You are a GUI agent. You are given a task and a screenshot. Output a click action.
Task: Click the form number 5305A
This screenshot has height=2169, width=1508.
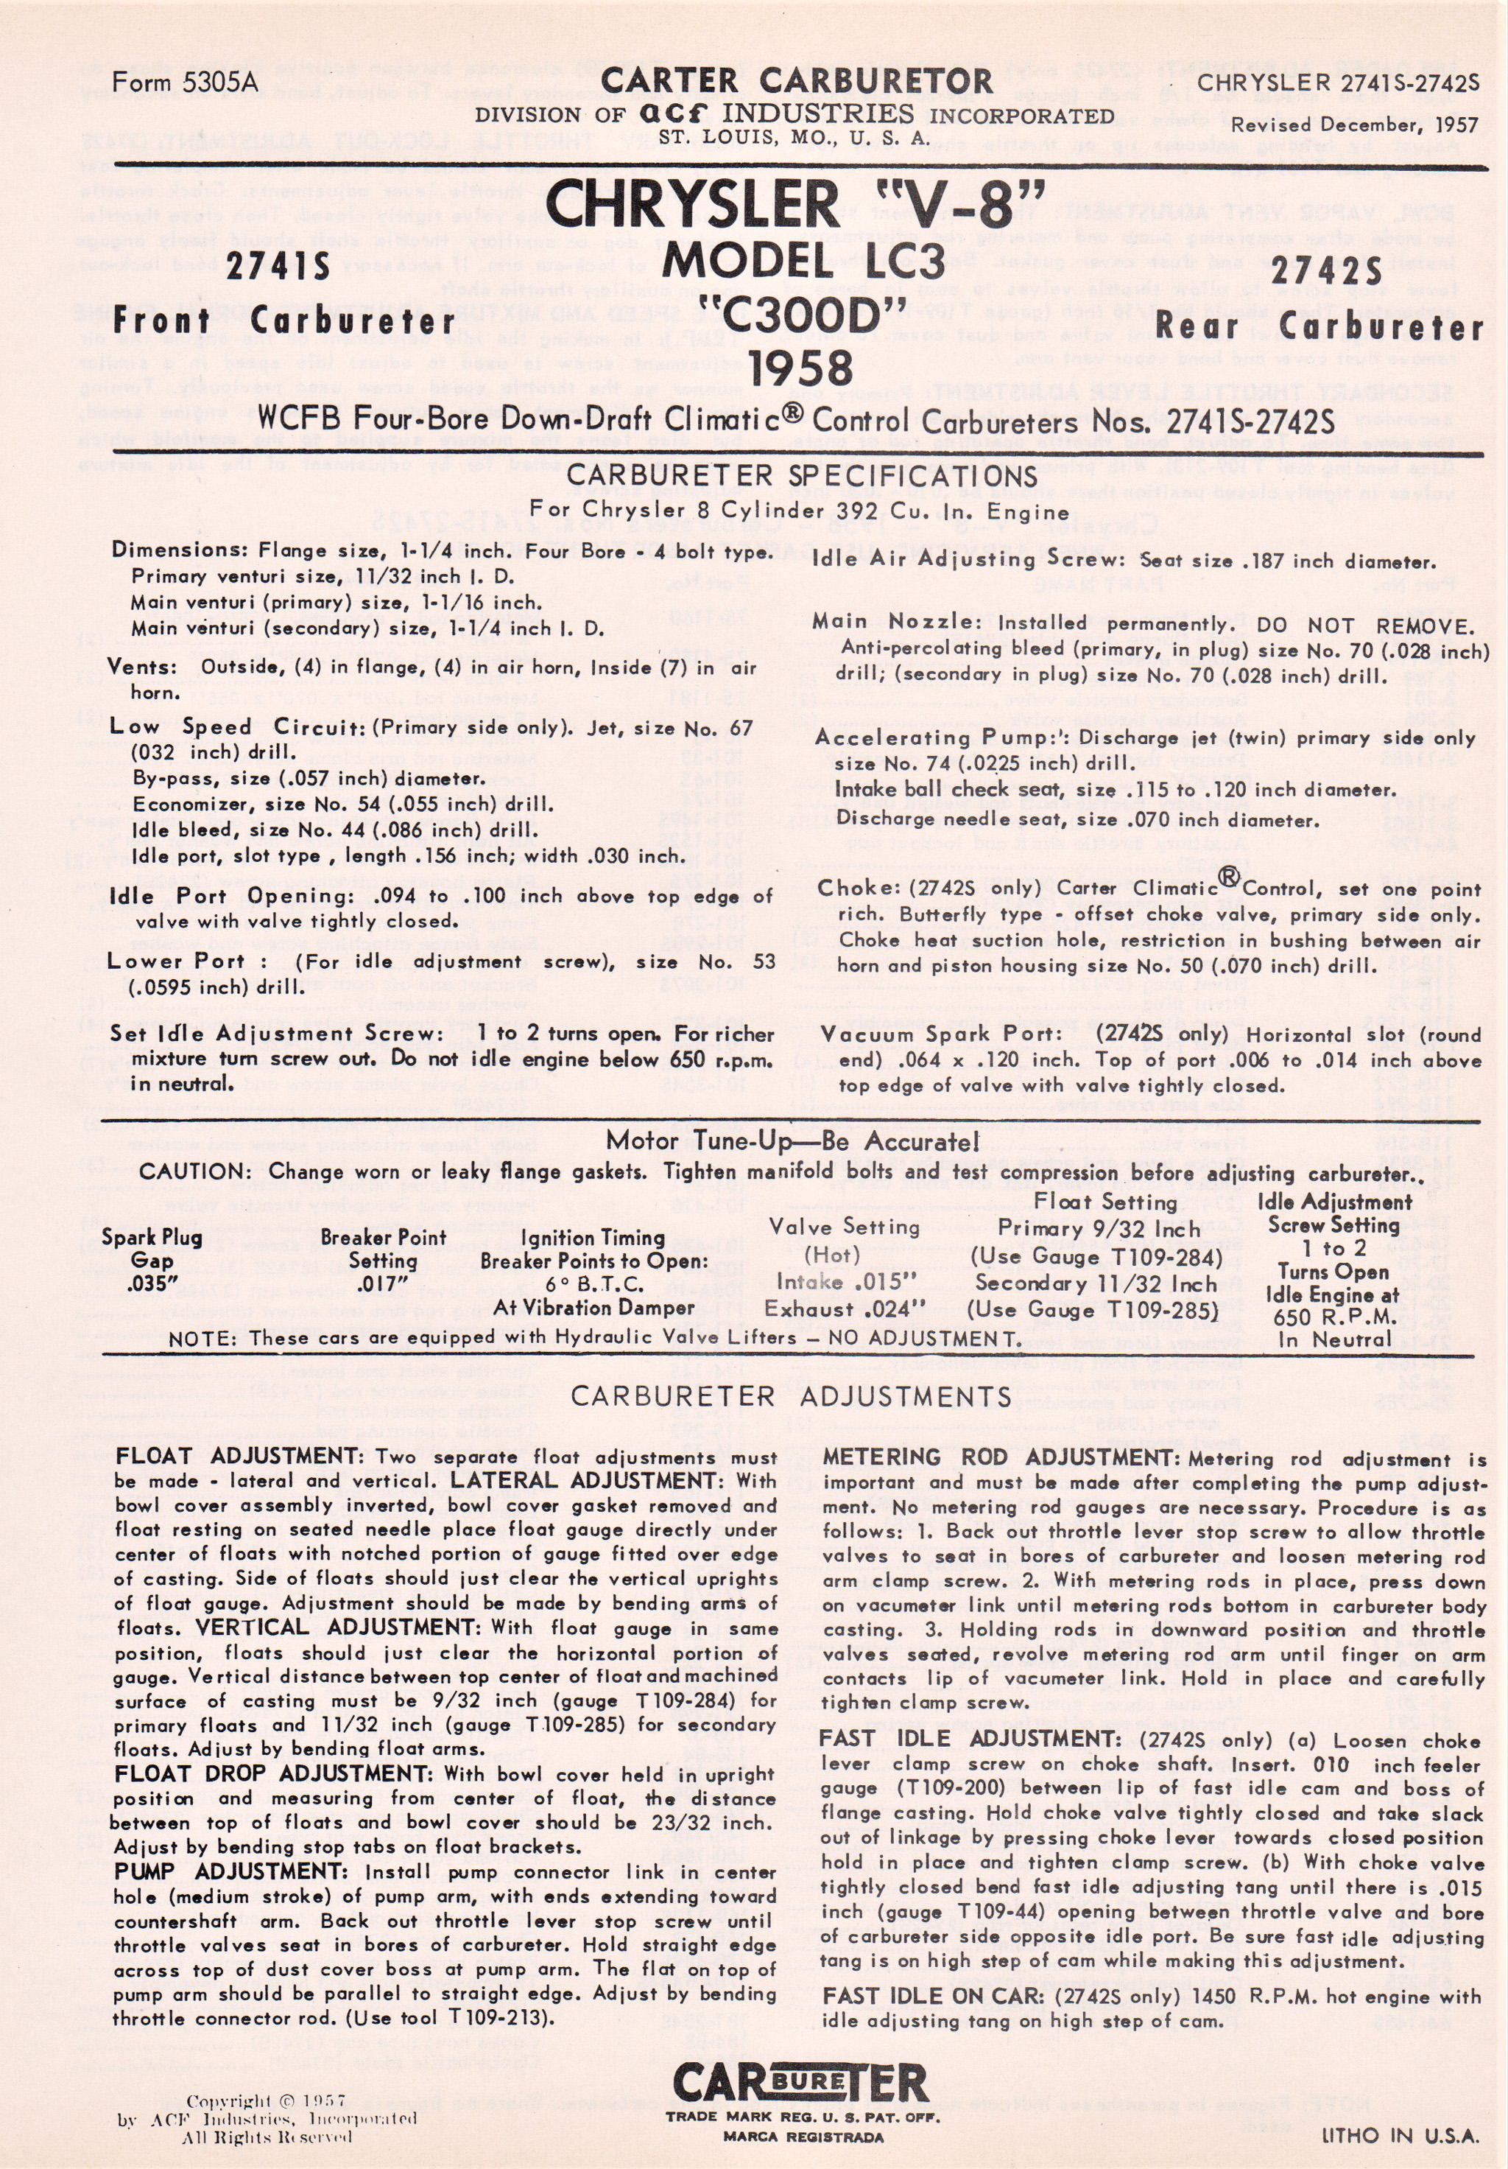[184, 83]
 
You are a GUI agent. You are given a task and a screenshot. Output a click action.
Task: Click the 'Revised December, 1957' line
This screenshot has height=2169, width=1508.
[1354, 125]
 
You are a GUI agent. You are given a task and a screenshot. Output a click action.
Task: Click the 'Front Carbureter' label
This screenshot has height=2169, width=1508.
[284, 321]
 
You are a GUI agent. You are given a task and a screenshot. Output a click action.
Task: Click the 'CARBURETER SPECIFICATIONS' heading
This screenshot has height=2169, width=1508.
[802, 476]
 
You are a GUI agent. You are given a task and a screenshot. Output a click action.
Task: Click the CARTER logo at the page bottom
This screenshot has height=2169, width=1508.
[800, 2084]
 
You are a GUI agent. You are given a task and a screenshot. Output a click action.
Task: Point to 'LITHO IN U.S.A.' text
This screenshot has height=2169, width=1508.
[1400, 2135]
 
